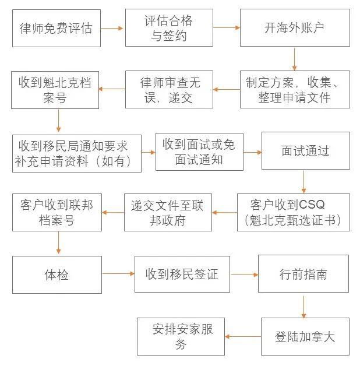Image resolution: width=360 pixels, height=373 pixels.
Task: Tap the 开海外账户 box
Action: (295, 27)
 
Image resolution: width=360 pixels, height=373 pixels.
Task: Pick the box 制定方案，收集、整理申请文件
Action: (295, 89)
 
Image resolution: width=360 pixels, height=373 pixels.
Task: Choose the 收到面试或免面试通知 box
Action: (199, 152)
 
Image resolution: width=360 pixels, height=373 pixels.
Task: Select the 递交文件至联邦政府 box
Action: (168, 212)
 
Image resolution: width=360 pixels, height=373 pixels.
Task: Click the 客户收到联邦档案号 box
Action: (57, 212)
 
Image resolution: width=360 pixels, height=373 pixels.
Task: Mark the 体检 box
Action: (57, 274)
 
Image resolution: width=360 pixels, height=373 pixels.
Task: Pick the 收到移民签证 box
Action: (182, 274)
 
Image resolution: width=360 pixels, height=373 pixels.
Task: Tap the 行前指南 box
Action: (303, 274)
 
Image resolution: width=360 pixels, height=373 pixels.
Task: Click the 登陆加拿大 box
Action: (305, 336)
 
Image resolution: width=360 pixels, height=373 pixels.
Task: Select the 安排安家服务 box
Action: (181, 336)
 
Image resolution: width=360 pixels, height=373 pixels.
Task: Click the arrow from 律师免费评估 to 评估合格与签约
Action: (113, 27)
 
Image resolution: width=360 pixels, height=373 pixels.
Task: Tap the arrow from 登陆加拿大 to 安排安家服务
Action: (243, 336)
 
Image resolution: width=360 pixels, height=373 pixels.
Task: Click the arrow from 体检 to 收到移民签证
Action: (118, 274)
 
